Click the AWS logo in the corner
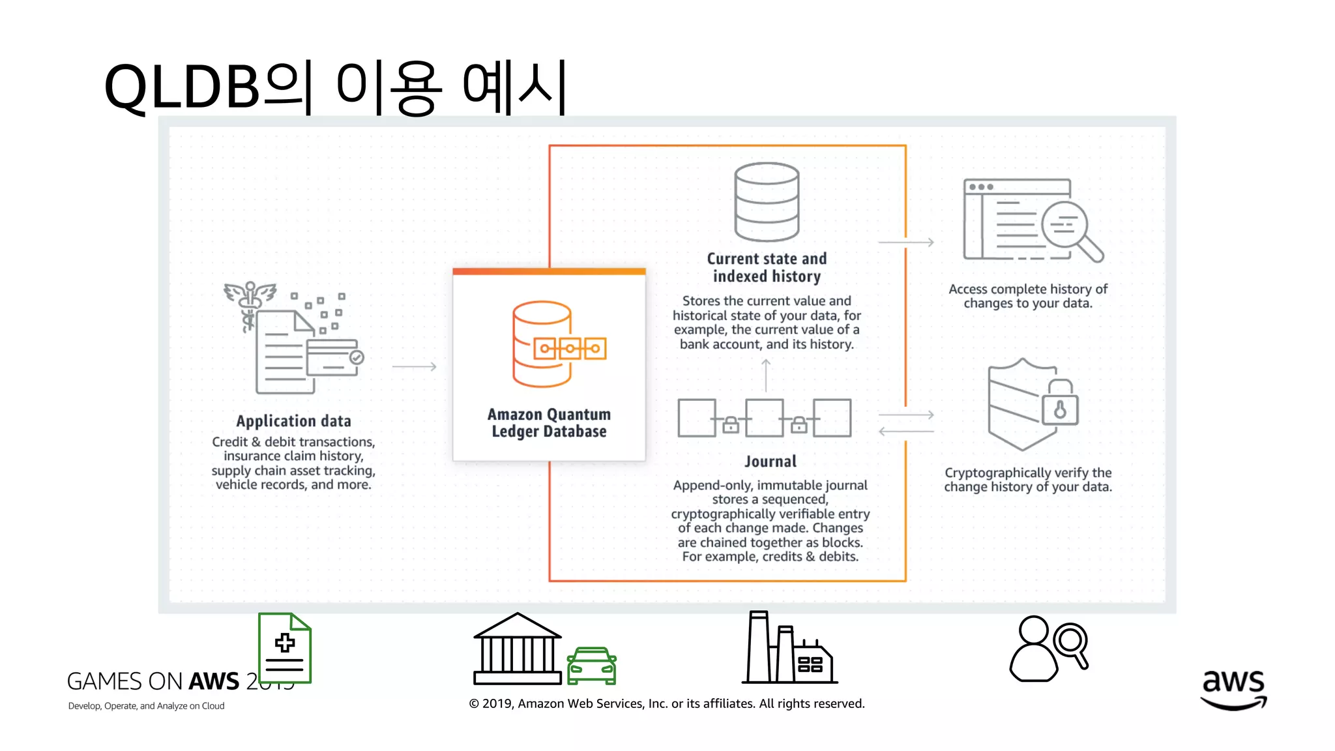tap(1233, 690)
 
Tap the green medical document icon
tap(285, 648)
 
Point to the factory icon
tap(789, 649)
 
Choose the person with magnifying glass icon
tap(1048, 649)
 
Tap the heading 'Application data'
tap(293, 421)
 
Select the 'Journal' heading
tap(770, 462)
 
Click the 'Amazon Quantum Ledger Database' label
tap(549, 423)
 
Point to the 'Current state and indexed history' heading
tap(767, 268)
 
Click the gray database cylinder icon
tap(767, 202)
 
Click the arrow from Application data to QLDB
tap(414, 366)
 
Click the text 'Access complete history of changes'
tap(1028, 296)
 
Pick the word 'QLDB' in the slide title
tap(182, 87)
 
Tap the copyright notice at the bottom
tap(667, 703)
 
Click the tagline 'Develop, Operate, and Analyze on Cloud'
tap(146, 706)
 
